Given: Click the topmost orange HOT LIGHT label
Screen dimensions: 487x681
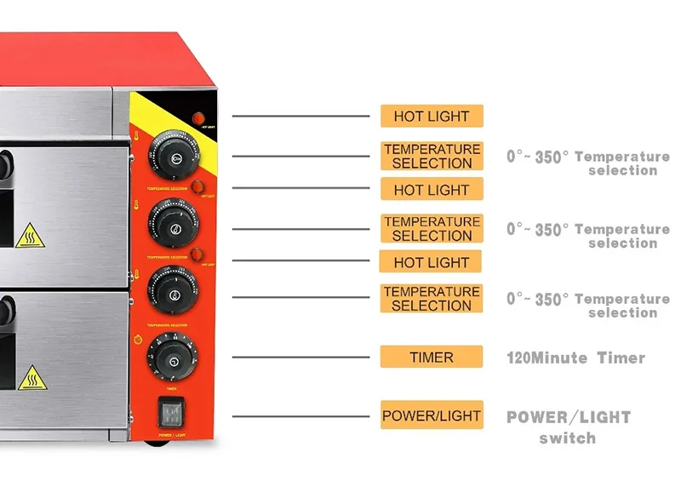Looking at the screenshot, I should (432, 117).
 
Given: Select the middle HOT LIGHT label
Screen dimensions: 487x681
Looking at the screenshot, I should (432, 190).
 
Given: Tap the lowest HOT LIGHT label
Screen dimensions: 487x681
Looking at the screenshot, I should (432, 262).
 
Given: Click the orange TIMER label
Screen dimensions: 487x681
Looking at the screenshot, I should (432, 358).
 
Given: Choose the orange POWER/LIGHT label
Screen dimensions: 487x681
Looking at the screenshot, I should (432, 416).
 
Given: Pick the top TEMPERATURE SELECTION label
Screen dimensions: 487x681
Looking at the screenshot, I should (432, 156).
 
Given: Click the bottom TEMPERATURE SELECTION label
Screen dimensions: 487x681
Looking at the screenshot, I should (432, 299).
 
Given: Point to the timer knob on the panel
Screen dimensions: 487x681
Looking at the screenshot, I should (171, 360).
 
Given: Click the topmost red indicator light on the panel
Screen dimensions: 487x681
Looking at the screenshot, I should (199, 117).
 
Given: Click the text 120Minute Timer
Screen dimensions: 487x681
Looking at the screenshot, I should (575, 358).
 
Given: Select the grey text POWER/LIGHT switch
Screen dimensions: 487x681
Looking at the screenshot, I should (569, 427).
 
